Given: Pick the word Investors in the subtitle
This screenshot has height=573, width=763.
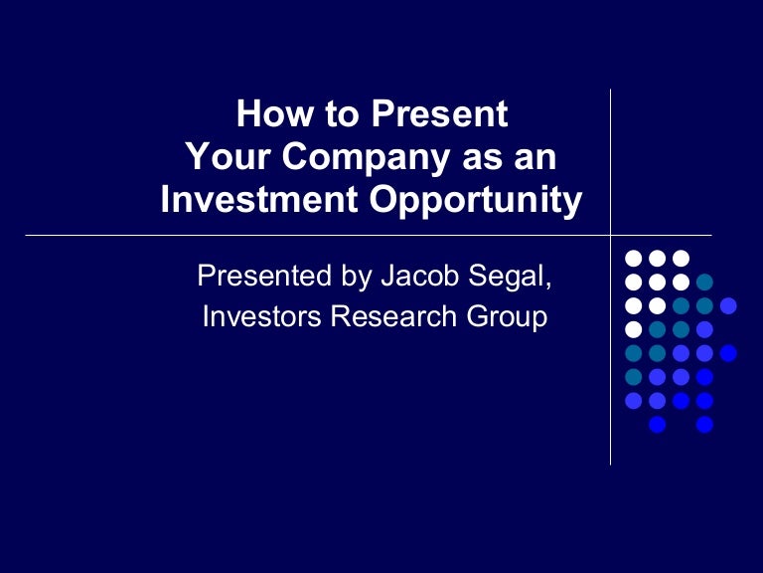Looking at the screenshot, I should point(261,317).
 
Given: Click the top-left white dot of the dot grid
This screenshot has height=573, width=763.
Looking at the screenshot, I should point(633,258).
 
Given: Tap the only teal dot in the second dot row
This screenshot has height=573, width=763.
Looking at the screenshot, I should point(704,282).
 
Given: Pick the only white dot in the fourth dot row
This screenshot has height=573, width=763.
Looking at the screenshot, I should point(633,329).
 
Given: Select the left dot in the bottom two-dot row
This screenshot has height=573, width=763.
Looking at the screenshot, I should point(657,425).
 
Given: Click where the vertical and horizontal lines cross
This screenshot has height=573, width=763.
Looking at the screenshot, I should point(610,236).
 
